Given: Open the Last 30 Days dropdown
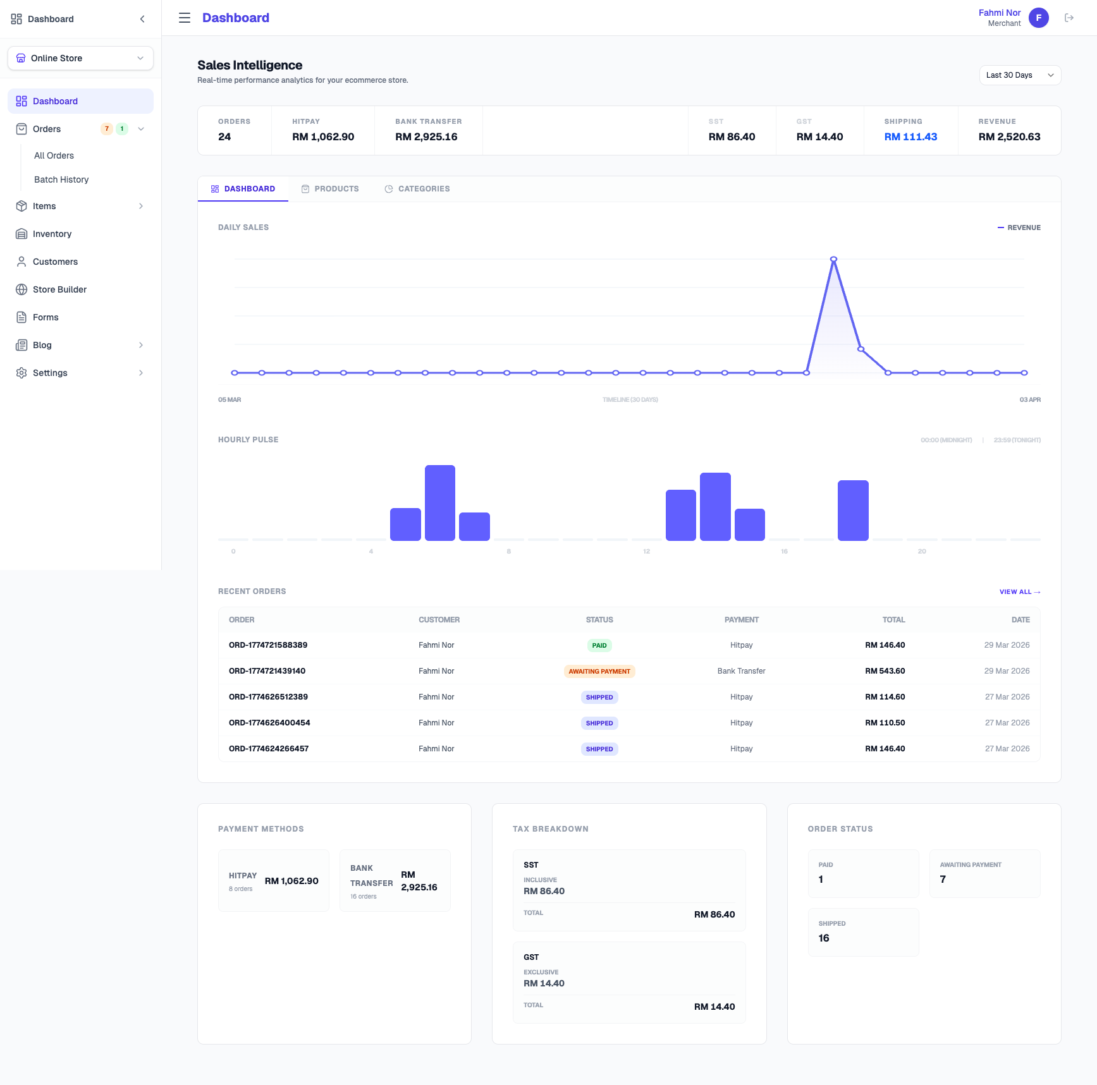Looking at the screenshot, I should pyautogui.click(x=1019, y=75).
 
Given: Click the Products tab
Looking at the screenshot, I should pyautogui.click(x=330, y=189).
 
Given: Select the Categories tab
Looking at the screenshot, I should pyautogui.click(x=417, y=189).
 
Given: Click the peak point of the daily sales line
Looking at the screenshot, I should pyautogui.click(x=833, y=260).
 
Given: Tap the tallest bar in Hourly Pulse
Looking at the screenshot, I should pyautogui.click(x=439, y=502).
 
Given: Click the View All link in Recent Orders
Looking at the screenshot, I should pyautogui.click(x=1019, y=592).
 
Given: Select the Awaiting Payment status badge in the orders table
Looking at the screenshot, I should pyautogui.click(x=599, y=671).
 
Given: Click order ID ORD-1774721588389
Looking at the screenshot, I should pyautogui.click(x=268, y=645).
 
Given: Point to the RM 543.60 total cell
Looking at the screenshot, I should pyautogui.click(x=885, y=671).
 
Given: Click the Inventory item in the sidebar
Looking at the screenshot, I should pyautogui.click(x=52, y=234).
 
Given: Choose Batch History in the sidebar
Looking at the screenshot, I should pyautogui.click(x=61, y=179).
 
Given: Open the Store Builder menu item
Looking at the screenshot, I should pyautogui.click(x=59, y=289).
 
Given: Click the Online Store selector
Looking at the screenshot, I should pyautogui.click(x=80, y=58).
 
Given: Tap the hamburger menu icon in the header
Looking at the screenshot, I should pyautogui.click(x=185, y=18).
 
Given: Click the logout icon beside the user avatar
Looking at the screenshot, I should pyautogui.click(x=1069, y=18).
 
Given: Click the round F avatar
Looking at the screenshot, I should pyautogui.click(x=1038, y=18).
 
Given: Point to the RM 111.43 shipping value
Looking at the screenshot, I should pyautogui.click(x=910, y=137).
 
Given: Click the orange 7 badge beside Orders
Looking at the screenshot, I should pyautogui.click(x=107, y=129).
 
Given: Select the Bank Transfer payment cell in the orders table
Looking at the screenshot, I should pyautogui.click(x=741, y=671).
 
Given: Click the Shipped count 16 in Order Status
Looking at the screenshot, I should pyautogui.click(x=824, y=938).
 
